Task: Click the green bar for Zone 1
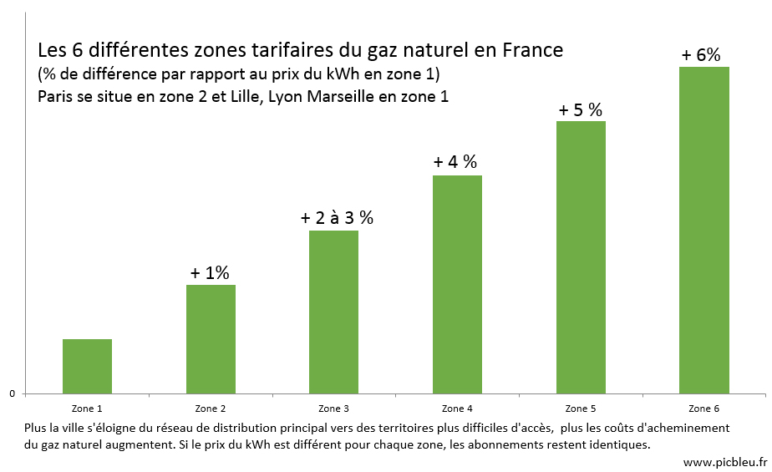[87, 366]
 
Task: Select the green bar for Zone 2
[211, 338]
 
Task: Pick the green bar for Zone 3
[333, 312]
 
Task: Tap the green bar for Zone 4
[457, 284]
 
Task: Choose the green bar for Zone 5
[581, 257]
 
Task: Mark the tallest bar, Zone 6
[703, 230]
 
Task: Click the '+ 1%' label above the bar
[210, 272]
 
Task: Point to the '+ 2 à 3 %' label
[337, 218]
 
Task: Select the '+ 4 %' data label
[455, 162]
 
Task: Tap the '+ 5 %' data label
[581, 109]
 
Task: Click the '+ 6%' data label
[701, 55]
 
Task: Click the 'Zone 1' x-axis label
[87, 409]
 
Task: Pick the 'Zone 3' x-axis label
[334, 409]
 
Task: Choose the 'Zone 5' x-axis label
[581, 409]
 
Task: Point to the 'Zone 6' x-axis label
[703, 409]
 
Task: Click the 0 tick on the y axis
[12, 393]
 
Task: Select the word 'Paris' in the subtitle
[57, 96]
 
